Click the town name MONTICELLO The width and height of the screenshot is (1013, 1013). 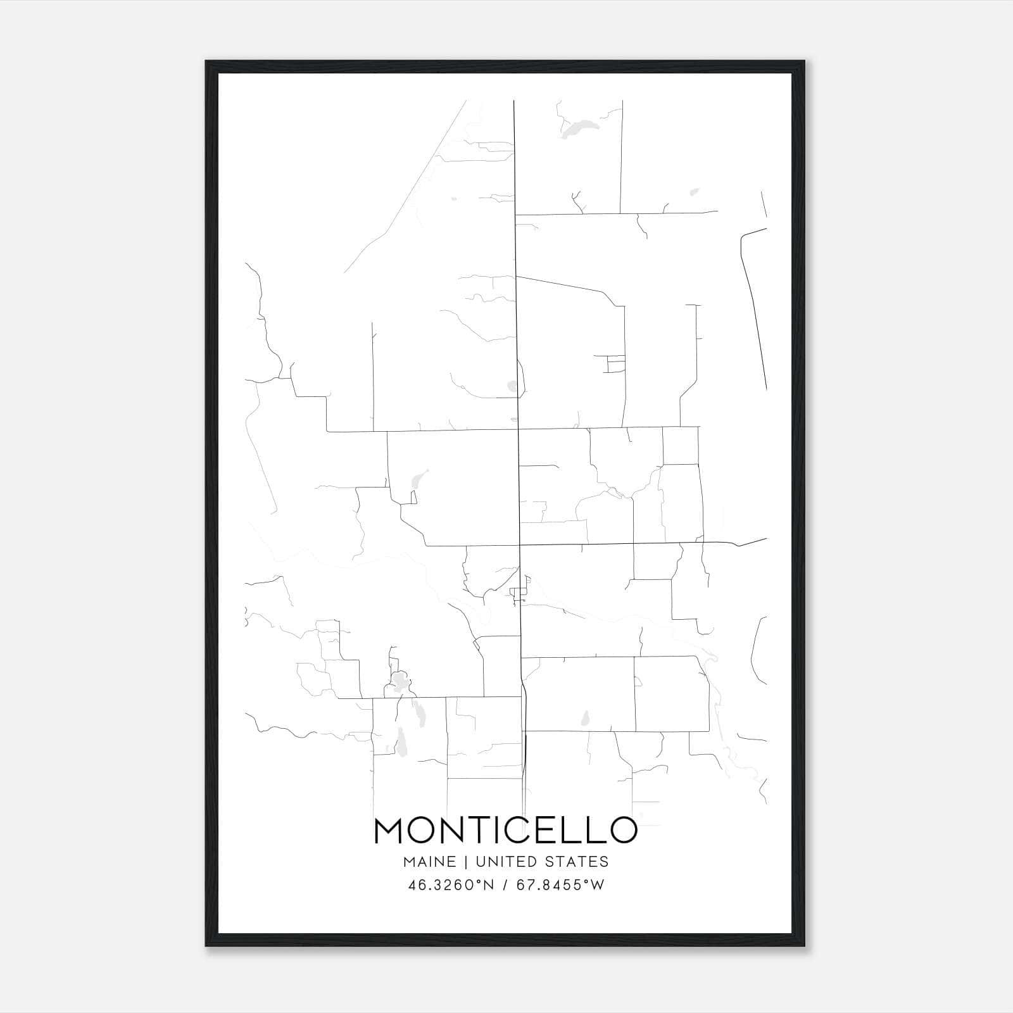(505, 831)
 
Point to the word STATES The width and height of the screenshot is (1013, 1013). (577, 862)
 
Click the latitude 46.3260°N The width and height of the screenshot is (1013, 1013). (451, 885)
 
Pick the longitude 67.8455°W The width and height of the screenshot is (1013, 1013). (560, 885)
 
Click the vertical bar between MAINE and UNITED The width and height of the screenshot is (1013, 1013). (465, 862)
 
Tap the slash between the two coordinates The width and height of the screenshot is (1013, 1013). (505, 885)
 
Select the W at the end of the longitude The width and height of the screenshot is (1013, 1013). (598, 885)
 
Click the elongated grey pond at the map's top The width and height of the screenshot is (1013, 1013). (577, 129)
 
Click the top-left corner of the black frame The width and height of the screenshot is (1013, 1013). (206, 62)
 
